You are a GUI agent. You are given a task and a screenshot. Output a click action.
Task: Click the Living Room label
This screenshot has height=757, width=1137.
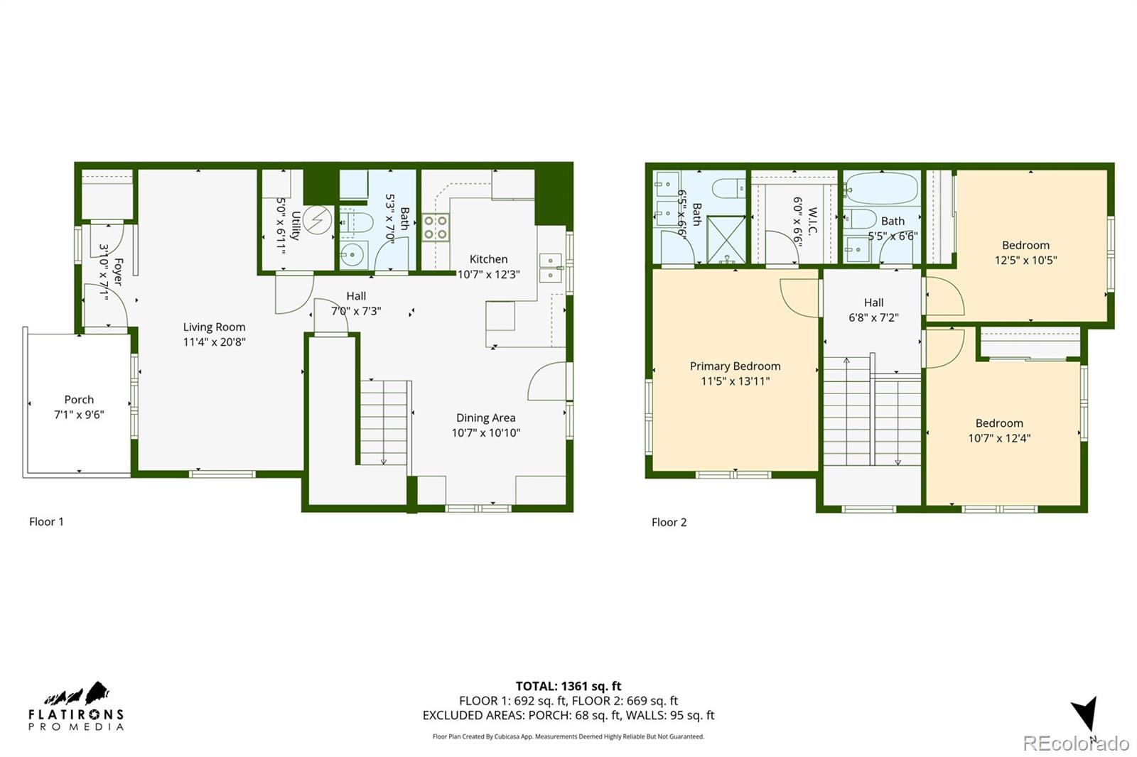pos(214,327)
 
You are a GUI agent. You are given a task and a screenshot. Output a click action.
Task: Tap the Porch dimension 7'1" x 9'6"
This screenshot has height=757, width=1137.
pos(79,415)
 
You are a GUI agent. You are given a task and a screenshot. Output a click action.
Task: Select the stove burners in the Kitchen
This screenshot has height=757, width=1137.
pos(436,227)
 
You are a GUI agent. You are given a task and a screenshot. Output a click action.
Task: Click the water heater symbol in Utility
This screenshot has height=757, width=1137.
pos(317,220)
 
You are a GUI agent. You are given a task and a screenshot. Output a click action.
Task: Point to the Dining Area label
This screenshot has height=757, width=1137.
pos(485,418)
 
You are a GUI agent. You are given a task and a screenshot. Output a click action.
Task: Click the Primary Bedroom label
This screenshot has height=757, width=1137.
pos(735,366)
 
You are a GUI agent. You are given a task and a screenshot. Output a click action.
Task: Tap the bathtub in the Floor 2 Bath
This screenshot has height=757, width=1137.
pos(881,189)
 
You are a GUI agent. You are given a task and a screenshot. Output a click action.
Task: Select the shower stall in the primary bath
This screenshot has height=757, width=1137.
pos(726,239)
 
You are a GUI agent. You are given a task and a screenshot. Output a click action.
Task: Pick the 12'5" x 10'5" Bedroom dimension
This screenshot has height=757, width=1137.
pos(1025,260)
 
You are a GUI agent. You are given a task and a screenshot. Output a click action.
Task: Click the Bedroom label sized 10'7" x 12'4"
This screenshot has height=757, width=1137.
pos(999,423)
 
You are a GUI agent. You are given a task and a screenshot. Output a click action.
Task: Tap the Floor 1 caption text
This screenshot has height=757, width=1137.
pos(46,521)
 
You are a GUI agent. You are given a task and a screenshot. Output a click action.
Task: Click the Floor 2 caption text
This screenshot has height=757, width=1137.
pos(669,522)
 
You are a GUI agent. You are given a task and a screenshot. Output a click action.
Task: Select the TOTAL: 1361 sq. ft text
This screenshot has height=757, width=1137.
pos(568,686)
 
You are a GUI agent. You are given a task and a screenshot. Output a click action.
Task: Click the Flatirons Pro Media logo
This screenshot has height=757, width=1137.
pos(75,707)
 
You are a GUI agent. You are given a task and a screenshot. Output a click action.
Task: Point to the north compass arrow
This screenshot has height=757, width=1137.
pos(1085,714)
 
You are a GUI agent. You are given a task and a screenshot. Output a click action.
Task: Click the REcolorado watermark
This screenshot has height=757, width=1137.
pos(1075,744)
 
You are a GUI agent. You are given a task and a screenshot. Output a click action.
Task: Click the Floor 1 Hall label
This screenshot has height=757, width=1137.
pos(356,296)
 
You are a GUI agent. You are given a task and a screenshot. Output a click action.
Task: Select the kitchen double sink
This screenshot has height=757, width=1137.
pos(549,268)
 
